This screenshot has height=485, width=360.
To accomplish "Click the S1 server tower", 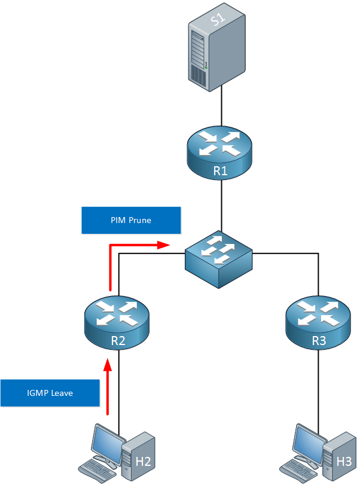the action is pyautogui.click(x=217, y=47).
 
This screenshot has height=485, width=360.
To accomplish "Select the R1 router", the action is pyautogui.click(x=219, y=153).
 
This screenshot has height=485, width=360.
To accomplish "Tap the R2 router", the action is pyautogui.click(x=117, y=323).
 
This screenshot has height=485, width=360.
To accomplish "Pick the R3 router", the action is pyautogui.click(x=318, y=323).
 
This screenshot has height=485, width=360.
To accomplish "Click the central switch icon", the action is pyautogui.click(x=219, y=259).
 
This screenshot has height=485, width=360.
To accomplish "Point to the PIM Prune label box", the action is pyautogui.click(x=131, y=220).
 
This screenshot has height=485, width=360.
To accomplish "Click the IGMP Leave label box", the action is pyautogui.click(x=50, y=393).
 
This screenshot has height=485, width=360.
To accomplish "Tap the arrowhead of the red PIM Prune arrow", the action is pyautogui.click(x=164, y=245).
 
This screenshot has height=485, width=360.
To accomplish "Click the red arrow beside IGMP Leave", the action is pyautogui.click(x=108, y=387).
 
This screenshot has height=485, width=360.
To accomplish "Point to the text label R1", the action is pyautogui.click(x=221, y=171).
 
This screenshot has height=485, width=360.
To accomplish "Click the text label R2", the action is pyautogui.click(x=118, y=340).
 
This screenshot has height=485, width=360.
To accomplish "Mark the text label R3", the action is pyautogui.click(x=319, y=340).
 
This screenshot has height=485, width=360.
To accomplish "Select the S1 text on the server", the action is pyautogui.click(x=218, y=19).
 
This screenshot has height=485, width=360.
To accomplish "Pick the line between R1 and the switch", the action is pyautogui.click(x=221, y=206).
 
